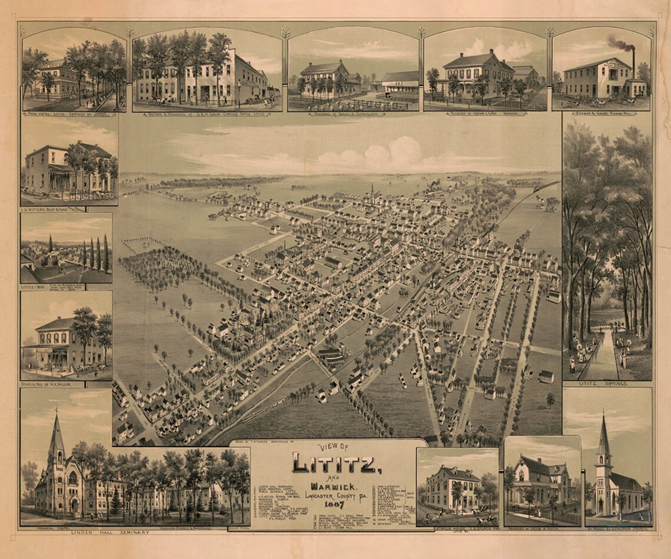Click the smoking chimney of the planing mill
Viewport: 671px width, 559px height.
click(x=633, y=59)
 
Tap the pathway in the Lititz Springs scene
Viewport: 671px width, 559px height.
click(x=601, y=353)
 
